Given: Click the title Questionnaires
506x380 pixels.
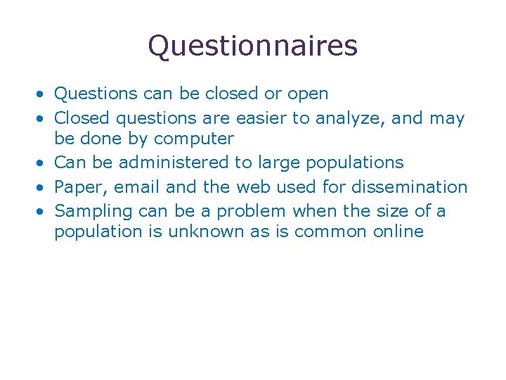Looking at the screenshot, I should (252, 46).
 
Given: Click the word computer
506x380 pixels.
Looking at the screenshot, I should (193, 139).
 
